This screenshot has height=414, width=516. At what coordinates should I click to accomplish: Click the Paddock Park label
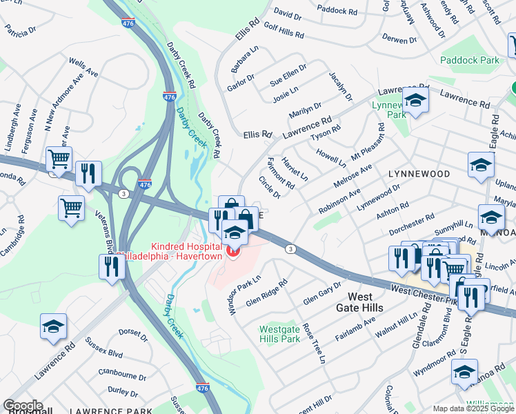471,60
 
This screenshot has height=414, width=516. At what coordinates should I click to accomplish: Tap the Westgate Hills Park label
280,334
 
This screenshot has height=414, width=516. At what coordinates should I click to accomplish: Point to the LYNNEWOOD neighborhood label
419,175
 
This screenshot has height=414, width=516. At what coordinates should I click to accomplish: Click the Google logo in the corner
22,406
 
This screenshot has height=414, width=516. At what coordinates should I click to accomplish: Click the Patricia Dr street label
20,30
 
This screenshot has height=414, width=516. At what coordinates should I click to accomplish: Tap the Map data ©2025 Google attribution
473,408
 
